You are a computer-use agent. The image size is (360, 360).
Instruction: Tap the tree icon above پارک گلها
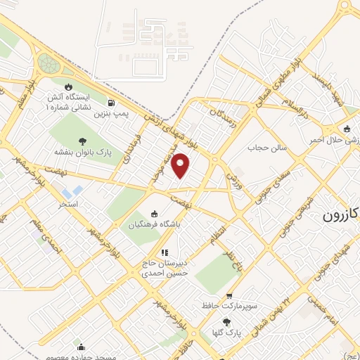(226, 321)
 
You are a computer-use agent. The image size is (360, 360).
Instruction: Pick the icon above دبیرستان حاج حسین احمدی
(164, 252)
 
